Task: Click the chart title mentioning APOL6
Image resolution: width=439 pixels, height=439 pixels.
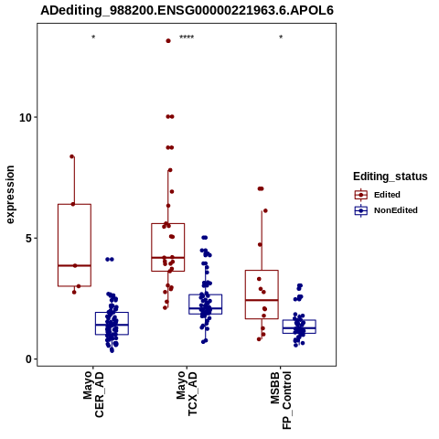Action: [187, 10]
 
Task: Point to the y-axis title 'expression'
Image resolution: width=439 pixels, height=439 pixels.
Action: [10, 195]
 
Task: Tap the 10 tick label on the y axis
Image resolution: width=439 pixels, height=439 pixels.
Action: [26, 117]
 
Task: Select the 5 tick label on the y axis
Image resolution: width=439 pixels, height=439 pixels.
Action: [28, 239]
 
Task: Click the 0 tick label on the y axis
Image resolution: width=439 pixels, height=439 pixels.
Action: [28, 359]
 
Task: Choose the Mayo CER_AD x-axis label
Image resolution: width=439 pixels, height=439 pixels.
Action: [93, 394]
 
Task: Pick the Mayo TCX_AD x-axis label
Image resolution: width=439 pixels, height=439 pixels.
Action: [187, 393]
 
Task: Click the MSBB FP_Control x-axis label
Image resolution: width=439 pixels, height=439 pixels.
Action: [281, 401]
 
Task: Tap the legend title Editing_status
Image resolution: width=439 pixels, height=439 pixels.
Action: [391, 177]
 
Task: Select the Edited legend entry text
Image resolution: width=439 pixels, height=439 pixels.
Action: [387, 195]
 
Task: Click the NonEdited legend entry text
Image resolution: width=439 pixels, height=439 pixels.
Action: [396, 210]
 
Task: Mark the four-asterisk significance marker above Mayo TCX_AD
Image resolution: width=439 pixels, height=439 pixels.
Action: [187, 37]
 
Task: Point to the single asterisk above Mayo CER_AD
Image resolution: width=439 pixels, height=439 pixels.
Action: [93, 37]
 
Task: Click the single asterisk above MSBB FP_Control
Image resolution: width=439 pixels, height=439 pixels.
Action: [281, 37]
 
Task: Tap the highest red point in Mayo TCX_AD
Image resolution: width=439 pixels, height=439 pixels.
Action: [168, 41]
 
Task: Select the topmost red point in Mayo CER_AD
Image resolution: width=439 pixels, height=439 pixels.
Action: [72, 156]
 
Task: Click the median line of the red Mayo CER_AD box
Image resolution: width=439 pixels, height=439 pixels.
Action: [74, 265]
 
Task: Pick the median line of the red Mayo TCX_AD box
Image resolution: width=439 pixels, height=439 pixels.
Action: [168, 258]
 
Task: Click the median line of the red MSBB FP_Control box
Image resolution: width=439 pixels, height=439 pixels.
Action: [262, 300]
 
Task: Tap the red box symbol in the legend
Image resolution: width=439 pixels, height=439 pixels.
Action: [361, 195]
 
